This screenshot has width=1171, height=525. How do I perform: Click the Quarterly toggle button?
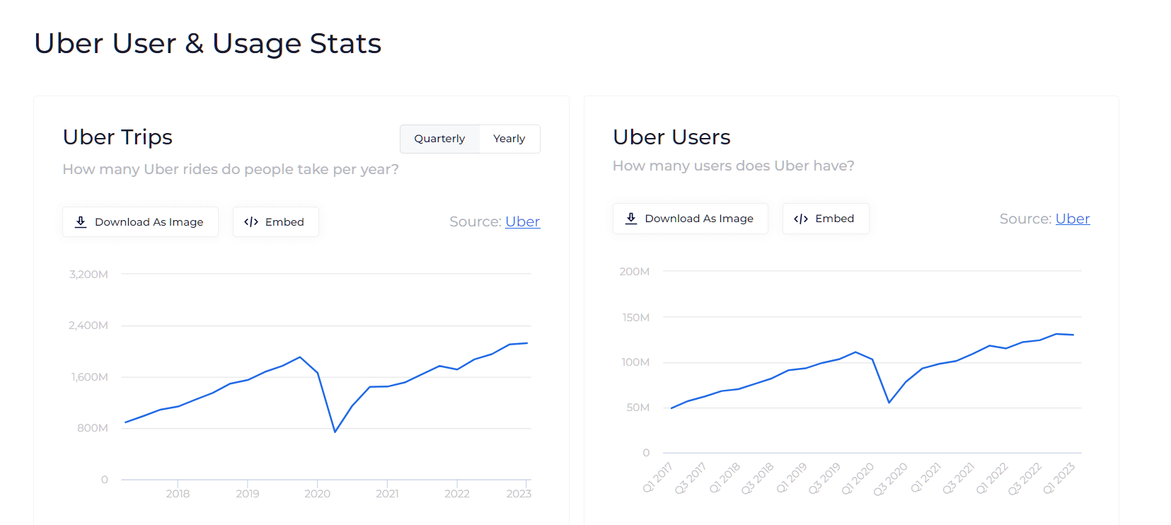click(x=439, y=139)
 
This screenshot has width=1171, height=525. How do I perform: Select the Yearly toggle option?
click(x=509, y=139)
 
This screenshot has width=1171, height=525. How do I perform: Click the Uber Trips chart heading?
click(x=117, y=137)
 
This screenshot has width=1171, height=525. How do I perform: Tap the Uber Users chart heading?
click(x=671, y=137)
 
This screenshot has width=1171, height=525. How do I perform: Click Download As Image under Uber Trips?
click(x=140, y=222)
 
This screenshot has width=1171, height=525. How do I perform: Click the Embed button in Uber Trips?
click(x=275, y=222)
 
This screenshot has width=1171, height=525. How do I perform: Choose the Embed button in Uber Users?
click(x=825, y=219)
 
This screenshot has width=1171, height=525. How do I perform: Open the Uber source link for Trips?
click(x=522, y=222)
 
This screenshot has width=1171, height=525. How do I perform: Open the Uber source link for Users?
click(x=1072, y=219)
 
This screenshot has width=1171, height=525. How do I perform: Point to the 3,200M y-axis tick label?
click(x=88, y=275)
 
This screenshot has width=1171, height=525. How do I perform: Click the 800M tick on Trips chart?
click(x=93, y=428)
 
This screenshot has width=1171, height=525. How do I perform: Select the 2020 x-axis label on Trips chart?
click(x=317, y=494)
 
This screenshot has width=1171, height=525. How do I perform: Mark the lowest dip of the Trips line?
click(x=335, y=432)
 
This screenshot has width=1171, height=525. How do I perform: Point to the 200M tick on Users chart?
click(x=634, y=272)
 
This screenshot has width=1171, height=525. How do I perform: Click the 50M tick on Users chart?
click(x=638, y=408)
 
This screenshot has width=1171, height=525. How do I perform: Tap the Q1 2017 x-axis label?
click(x=657, y=478)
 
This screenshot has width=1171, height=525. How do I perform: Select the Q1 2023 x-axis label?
click(x=1058, y=478)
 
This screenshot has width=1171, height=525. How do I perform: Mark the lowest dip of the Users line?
click(x=889, y=403)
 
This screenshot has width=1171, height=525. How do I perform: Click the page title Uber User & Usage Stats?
click(x=208, y=44)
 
